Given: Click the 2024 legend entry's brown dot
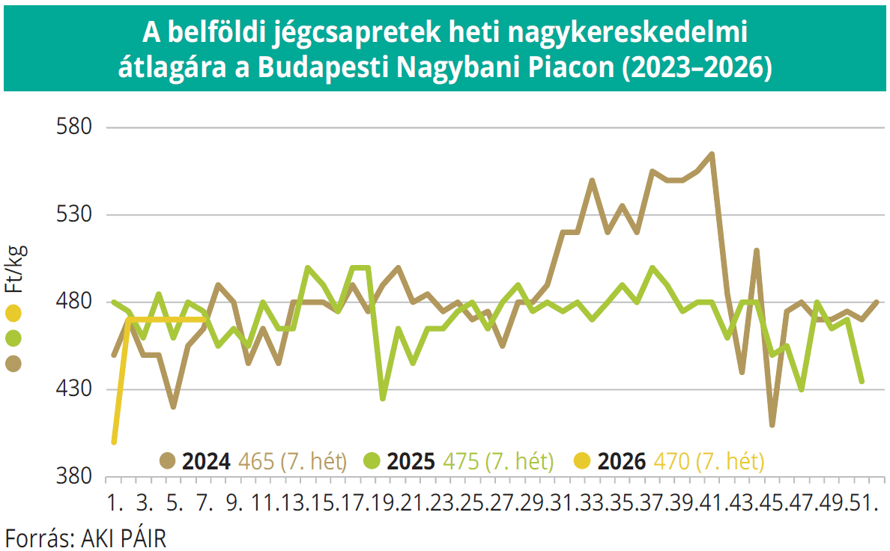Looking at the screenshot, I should (x=167, y=460).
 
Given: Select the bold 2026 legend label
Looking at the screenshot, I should (x=621, y=460).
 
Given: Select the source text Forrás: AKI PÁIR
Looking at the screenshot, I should (x=85, y=538).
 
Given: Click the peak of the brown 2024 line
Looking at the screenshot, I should (x=711, y=154).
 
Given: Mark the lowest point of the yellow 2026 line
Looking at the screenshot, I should (x=114, y=442).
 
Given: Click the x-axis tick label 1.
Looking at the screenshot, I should (x=115, y=502).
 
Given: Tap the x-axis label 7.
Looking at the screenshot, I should (x=205, y=502).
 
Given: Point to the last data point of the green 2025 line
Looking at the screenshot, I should (x=862, y=381).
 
